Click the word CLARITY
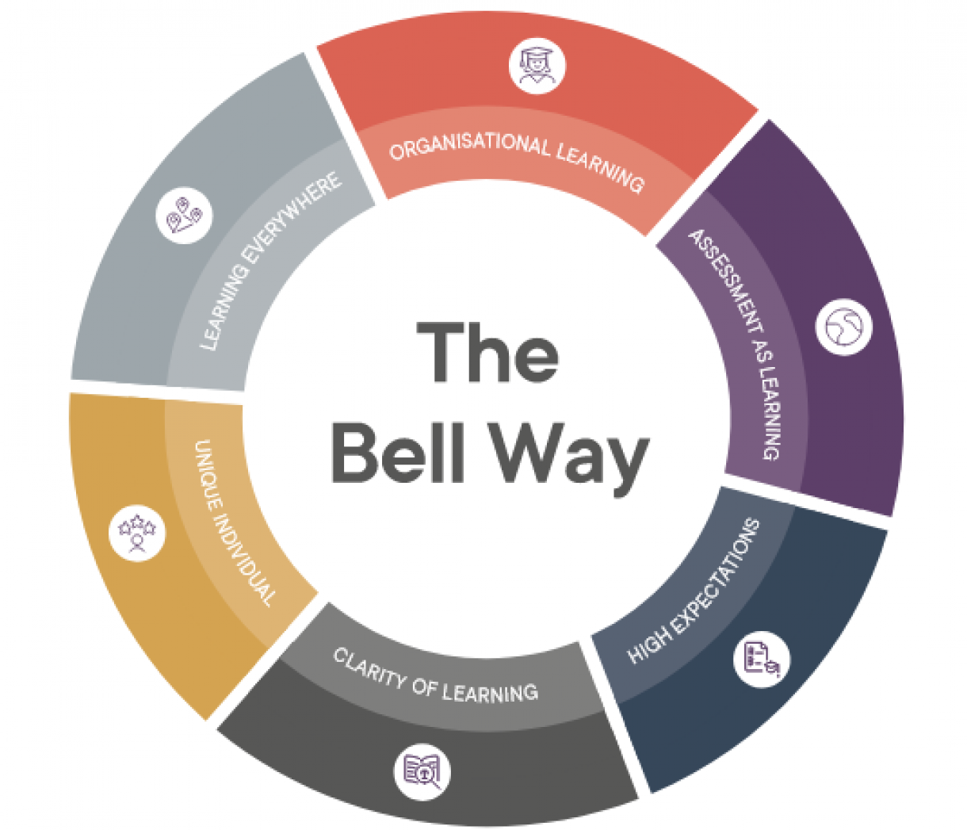[369, 670]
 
